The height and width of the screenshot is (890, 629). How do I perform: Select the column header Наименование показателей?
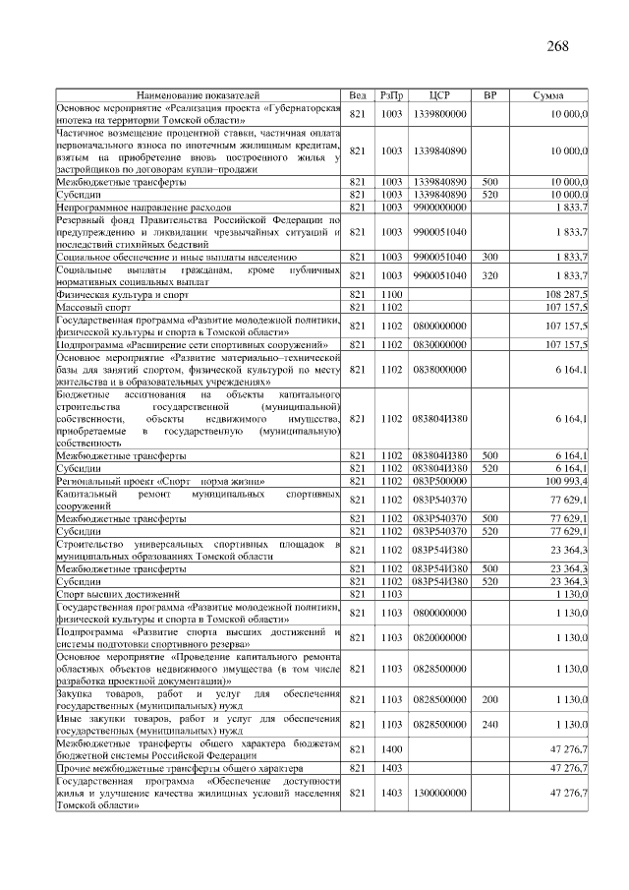click(x=198, y=96)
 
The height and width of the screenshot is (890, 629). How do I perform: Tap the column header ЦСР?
click(x=439, y=96)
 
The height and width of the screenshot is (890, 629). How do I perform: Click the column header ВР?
click(x=489, y=96)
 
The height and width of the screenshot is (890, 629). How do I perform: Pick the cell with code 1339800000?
click(x=439, y=114)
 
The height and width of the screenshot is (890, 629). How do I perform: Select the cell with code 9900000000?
click(x=439, y=207)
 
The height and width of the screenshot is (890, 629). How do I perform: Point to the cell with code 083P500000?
click(x=439, y=481)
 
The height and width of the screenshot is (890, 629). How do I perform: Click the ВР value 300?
click(x=489, y=256)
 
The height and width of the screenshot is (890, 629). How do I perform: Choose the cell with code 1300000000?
click(x=439, y=792)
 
